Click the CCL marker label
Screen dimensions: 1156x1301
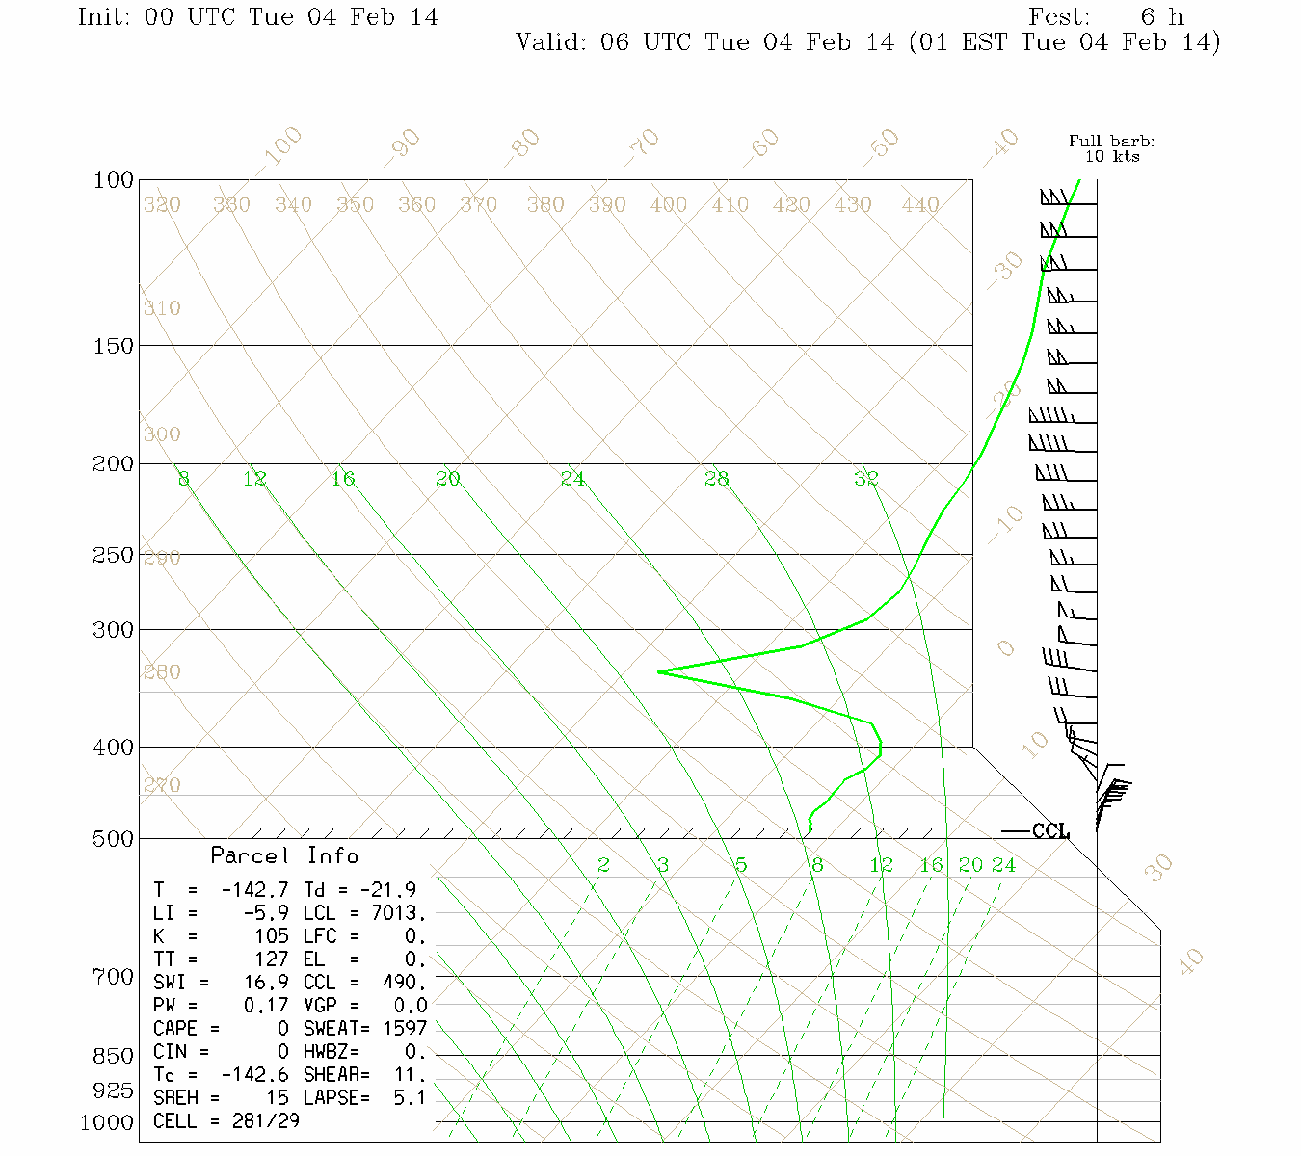coord(1050,831)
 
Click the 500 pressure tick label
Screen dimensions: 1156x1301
coord(114,839)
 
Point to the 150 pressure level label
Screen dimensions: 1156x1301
coord(114,345)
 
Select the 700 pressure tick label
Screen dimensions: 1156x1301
coord(114,977)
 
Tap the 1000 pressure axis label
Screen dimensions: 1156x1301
coord(107,1122)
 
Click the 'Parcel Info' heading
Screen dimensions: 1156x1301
coord(284,855)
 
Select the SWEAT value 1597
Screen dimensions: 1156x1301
coord(404,1029)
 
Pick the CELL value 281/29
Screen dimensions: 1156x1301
coord(265,1121)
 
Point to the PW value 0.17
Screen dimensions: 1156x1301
coord(265,1006)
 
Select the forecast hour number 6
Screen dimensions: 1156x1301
coord(1147,17)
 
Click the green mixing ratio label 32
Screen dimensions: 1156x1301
coord(865,478)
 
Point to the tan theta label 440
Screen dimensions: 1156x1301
coord(920,205)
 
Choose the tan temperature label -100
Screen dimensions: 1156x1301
coord(280,147)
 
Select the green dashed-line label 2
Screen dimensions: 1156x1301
coord(603,865)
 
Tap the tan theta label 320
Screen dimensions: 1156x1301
coord(162,205)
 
